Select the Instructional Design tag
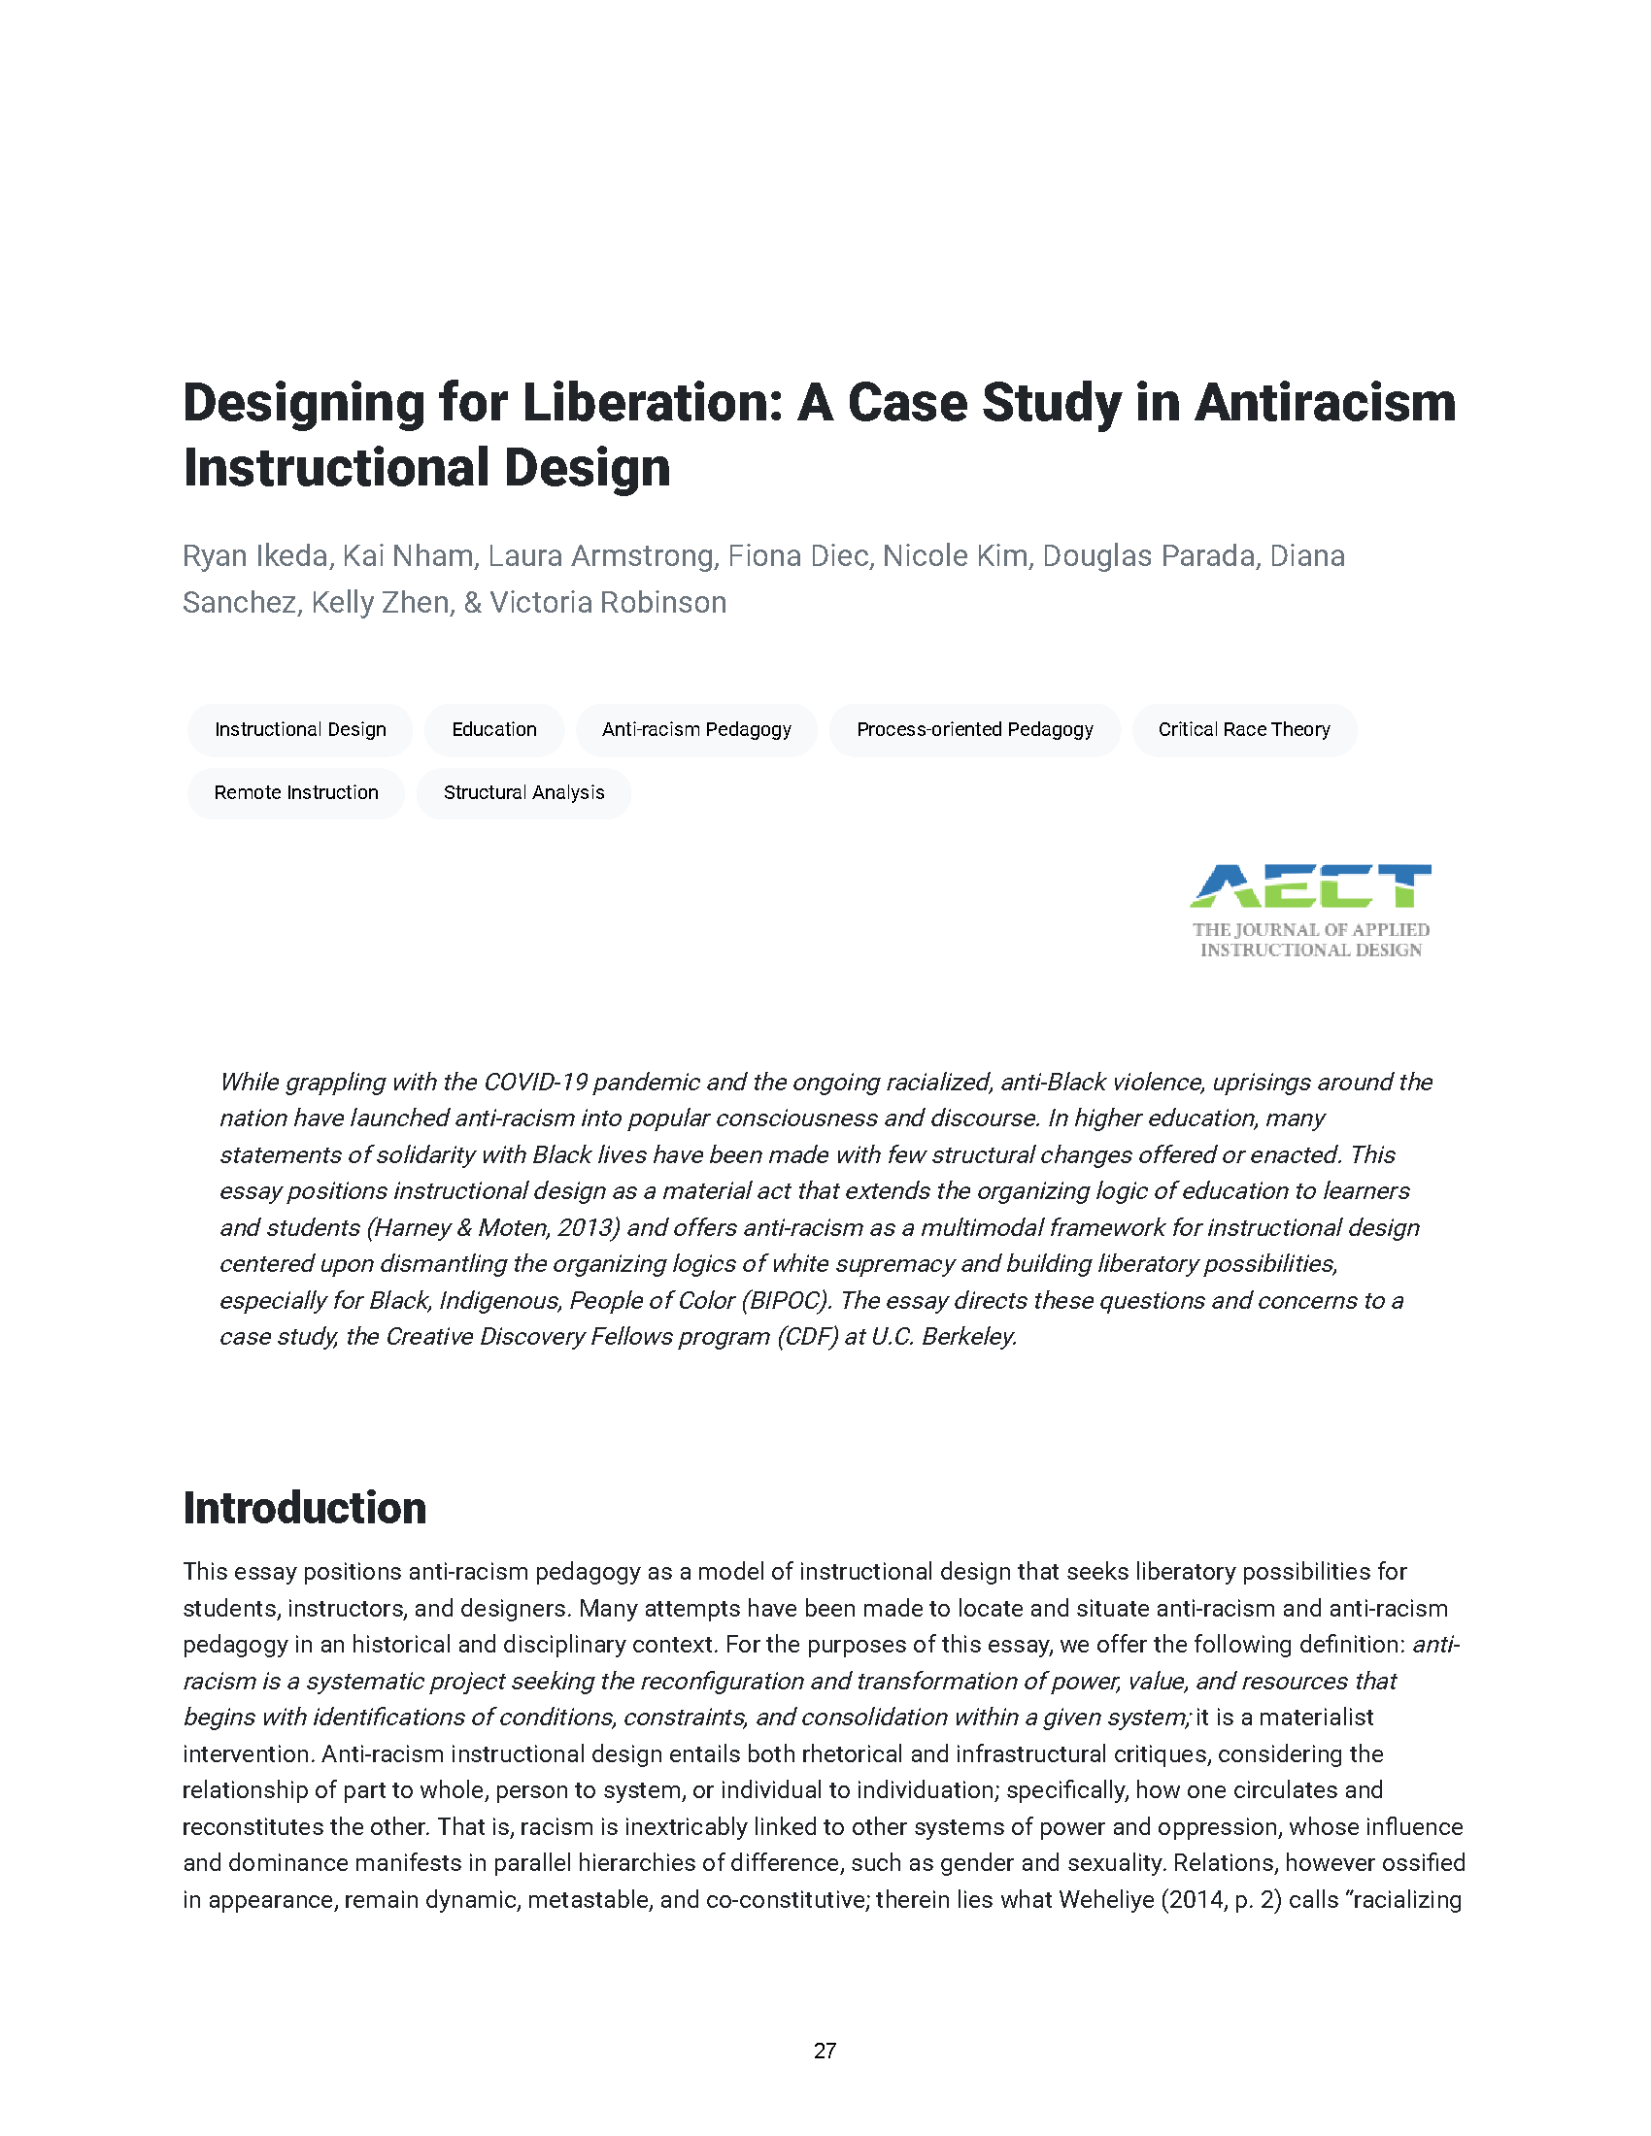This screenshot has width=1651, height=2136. point(300,729)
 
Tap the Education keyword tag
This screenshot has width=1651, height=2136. point(494,729)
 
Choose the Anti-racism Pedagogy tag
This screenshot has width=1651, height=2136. point(696,729)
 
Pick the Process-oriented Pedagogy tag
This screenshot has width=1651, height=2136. point(974,729)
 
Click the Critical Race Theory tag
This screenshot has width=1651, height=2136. point(1244,729)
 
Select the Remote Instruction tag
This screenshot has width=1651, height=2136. point(295,792)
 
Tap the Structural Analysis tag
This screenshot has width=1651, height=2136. point(523,792)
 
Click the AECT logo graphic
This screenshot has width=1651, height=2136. point(1311,886)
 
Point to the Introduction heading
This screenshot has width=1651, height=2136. point(304,1508)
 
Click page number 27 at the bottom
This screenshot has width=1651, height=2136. point(825,2051)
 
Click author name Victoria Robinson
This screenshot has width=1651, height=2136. point(608,603)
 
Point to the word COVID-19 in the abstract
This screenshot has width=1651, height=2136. point(535,1082)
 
